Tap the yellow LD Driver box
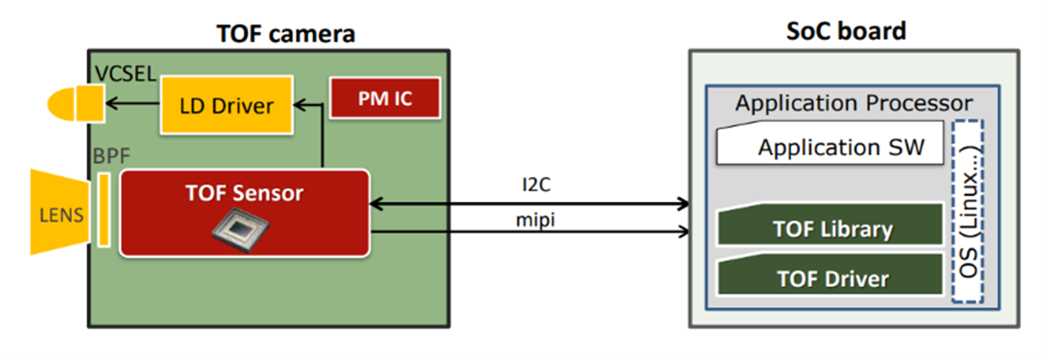pyautogui.click(x=227, y=105)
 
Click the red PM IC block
pyautogui.click(x=384, y=98)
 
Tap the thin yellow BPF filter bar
pyautogui.click(x=104, y=209)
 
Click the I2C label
pyautogui.click(x=536, y=186)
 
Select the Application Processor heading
pyautogui.click(x=854, y=104)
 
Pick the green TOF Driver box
pyautogui.click(x=831, y=278)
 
